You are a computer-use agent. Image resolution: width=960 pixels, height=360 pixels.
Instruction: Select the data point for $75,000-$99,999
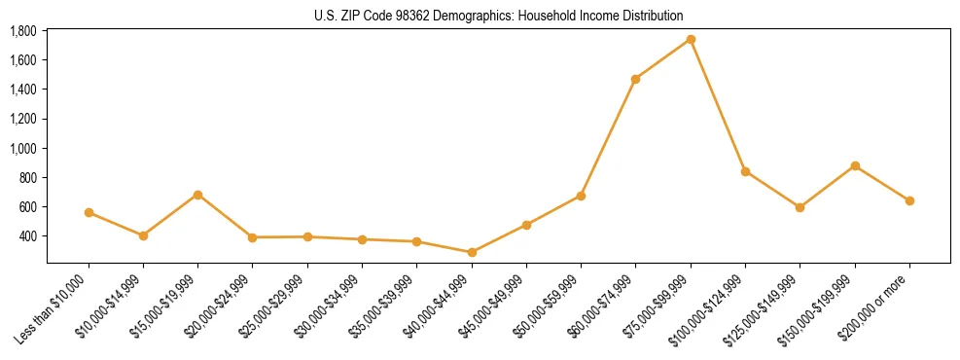(691, 40)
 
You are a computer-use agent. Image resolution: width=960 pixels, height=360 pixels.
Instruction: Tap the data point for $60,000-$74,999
(635, 79)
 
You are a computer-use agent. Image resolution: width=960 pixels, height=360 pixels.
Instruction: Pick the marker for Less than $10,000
(89, 212)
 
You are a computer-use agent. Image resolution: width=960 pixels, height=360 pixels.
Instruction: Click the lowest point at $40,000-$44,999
(472, 252)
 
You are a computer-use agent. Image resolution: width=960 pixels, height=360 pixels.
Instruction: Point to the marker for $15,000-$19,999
(197, 195)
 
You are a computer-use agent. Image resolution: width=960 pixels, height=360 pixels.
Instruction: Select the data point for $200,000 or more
(909, 200)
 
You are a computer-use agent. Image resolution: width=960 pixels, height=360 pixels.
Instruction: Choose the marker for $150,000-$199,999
(855, 165)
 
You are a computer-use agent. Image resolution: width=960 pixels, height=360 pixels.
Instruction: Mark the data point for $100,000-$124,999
(745, 171)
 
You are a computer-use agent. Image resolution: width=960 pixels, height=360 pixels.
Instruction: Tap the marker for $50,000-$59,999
(581, 196)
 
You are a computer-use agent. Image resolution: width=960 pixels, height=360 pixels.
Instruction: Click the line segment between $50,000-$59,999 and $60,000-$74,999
(608, 137)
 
